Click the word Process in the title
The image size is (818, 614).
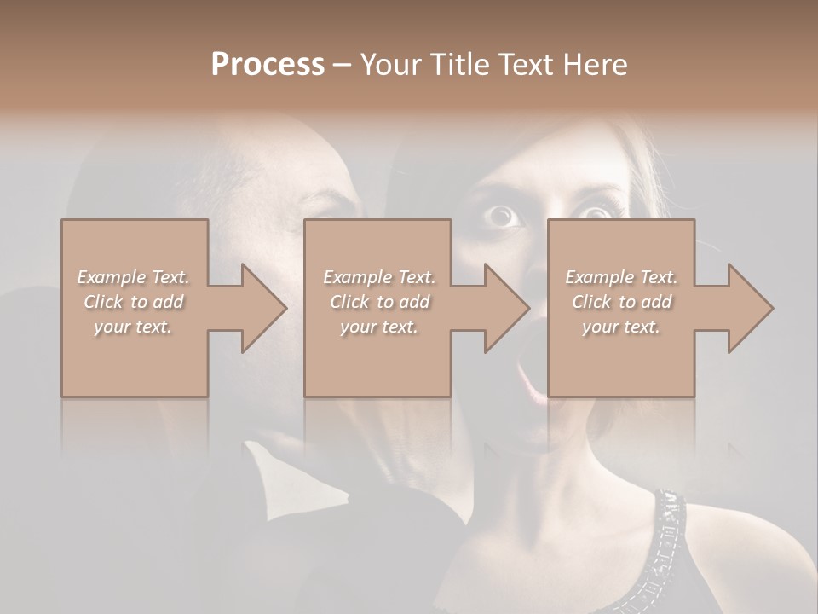(x=268, y=65)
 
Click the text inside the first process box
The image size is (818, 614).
(x=133, y=302)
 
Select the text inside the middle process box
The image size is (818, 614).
(x=378, y=302)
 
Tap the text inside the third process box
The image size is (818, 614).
(x=621, y=302)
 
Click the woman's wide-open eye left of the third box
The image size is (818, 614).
(x=503, y=216)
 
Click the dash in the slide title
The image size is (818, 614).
(x=342, y=65)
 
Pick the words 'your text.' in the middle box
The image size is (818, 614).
(x=378, y=327)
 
